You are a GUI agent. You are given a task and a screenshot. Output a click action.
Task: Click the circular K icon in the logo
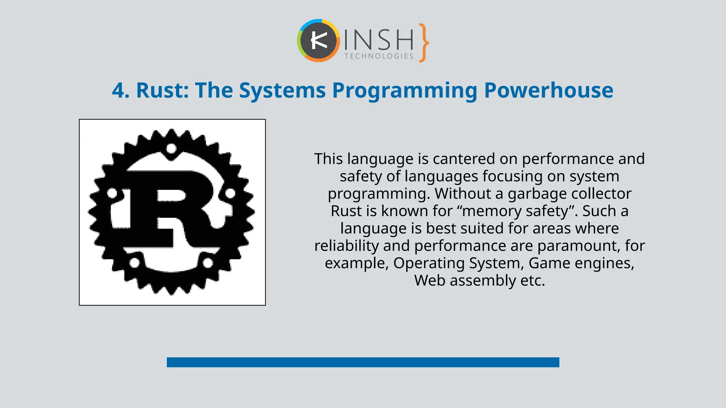[318, 41]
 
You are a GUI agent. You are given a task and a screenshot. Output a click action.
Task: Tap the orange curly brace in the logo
[423, 43]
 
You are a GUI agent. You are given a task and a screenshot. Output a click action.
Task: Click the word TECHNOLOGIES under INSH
[379, 56]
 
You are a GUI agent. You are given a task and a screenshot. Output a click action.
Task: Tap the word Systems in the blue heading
[282, 91]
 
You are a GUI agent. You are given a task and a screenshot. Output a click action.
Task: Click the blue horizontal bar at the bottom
[363, 362]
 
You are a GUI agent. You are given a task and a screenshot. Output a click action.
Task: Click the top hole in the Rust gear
[172, 148]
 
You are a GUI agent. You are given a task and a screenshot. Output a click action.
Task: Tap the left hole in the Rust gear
[112, 193]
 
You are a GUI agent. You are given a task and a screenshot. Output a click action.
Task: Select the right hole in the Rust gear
[230, 193]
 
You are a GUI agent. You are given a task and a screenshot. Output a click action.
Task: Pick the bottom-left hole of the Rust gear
[134, 263]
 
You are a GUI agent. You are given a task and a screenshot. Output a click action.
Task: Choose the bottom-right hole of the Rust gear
[207, 263]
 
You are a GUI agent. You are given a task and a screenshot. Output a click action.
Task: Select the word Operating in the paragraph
[429, 263]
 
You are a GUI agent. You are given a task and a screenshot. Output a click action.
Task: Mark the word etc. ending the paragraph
[532, 280]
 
